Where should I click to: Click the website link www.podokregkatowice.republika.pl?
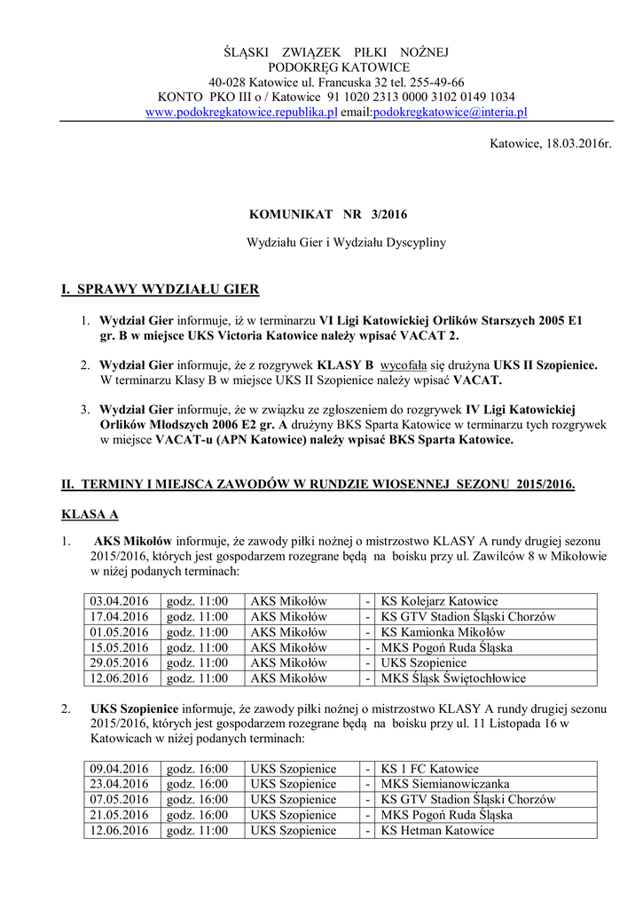click(240, 113)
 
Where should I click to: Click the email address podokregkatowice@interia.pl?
click(450, 113)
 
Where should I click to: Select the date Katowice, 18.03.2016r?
click(551, 143)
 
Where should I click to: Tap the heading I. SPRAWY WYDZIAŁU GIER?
click(160, 290)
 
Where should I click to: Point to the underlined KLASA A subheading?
click(89, 514)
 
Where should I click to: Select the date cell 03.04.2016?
click(118, 601)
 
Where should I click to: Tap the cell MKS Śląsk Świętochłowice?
click(453, 678)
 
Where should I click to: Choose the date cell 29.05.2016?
click(118, 663)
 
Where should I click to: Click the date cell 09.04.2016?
click(118, 769)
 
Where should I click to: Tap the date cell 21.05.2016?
click(118, 815)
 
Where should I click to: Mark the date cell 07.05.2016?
click(118, 800)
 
